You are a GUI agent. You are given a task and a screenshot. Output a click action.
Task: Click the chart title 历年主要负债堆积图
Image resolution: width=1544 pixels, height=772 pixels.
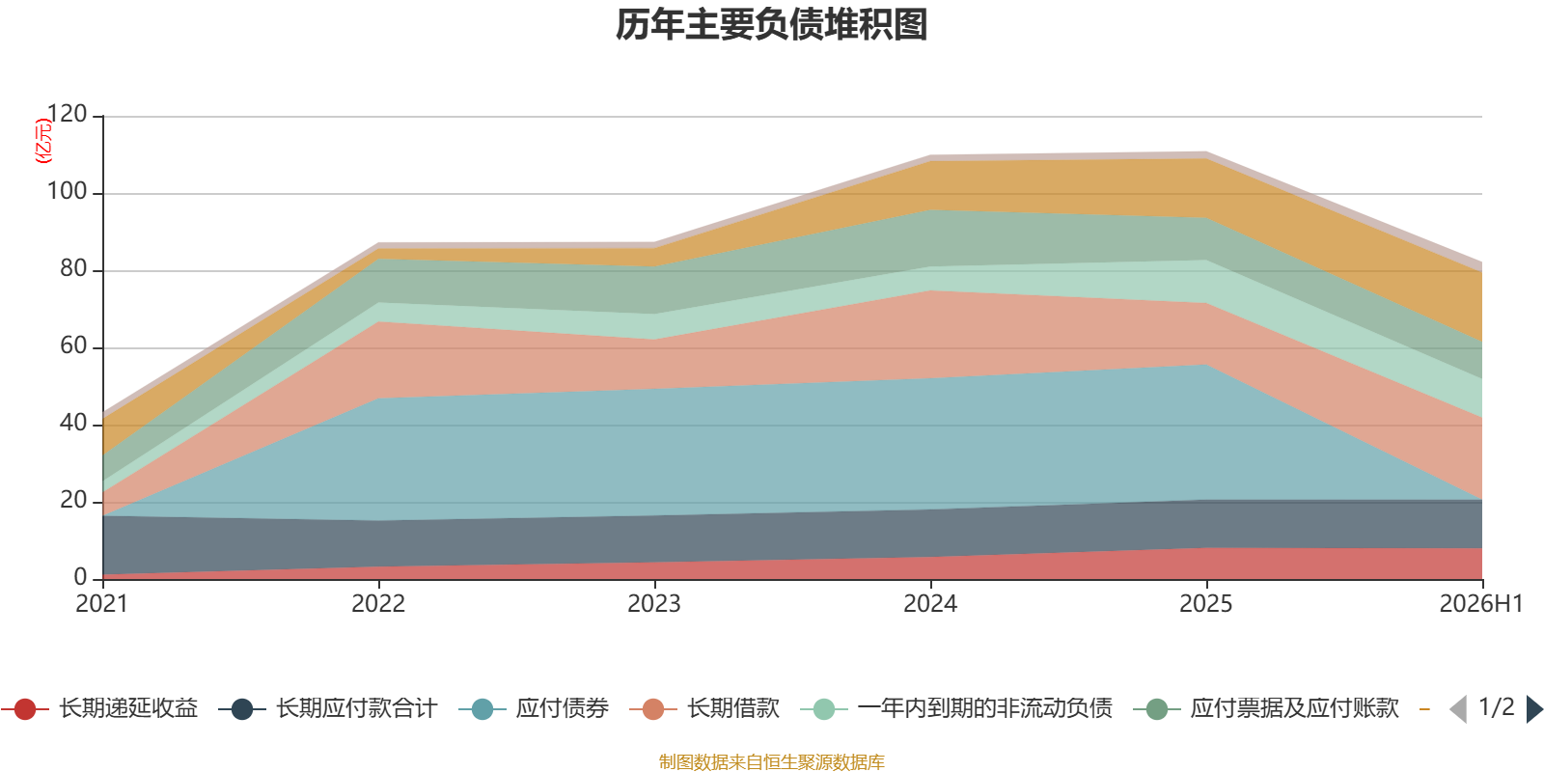tap(771, 25)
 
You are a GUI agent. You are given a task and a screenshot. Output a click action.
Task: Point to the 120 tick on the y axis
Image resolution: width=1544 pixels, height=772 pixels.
tap(67, 114)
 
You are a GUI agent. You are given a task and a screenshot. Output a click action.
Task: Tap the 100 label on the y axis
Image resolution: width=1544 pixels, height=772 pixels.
tap(67, 191)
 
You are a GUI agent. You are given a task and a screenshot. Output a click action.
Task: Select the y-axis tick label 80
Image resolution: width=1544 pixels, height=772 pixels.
tap(73, 268)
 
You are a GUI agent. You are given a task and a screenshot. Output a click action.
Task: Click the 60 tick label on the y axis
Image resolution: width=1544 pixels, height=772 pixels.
tap(73, 345)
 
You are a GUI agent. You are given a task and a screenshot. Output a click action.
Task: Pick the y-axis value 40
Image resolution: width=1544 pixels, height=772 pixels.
tap(73, 423)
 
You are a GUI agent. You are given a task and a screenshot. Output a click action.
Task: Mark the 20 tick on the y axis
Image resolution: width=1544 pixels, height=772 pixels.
tap(73, 500)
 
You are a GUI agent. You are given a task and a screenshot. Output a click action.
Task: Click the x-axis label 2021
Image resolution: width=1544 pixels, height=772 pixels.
tap(102, 604)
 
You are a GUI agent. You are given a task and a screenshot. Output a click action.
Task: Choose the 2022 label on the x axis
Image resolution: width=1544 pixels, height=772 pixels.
tap(378, 604)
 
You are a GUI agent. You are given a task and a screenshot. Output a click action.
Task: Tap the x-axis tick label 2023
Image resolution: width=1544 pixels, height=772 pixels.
tap(654, 604)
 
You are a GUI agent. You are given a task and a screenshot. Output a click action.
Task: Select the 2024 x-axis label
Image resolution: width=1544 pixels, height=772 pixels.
tap(930, 604)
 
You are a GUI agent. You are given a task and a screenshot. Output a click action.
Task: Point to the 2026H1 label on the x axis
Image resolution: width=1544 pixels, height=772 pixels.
tap(1480, 604)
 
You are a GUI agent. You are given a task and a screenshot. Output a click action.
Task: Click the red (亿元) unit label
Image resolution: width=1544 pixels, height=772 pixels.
tap(42, 141)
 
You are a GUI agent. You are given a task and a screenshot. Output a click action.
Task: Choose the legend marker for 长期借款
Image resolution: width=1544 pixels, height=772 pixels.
tap(652, 709)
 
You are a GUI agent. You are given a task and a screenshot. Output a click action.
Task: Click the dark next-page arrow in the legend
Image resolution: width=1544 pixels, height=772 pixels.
tap(1534, 708)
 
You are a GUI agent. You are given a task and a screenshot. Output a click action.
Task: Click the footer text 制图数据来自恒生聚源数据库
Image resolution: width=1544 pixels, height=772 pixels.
tap(771, 761)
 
